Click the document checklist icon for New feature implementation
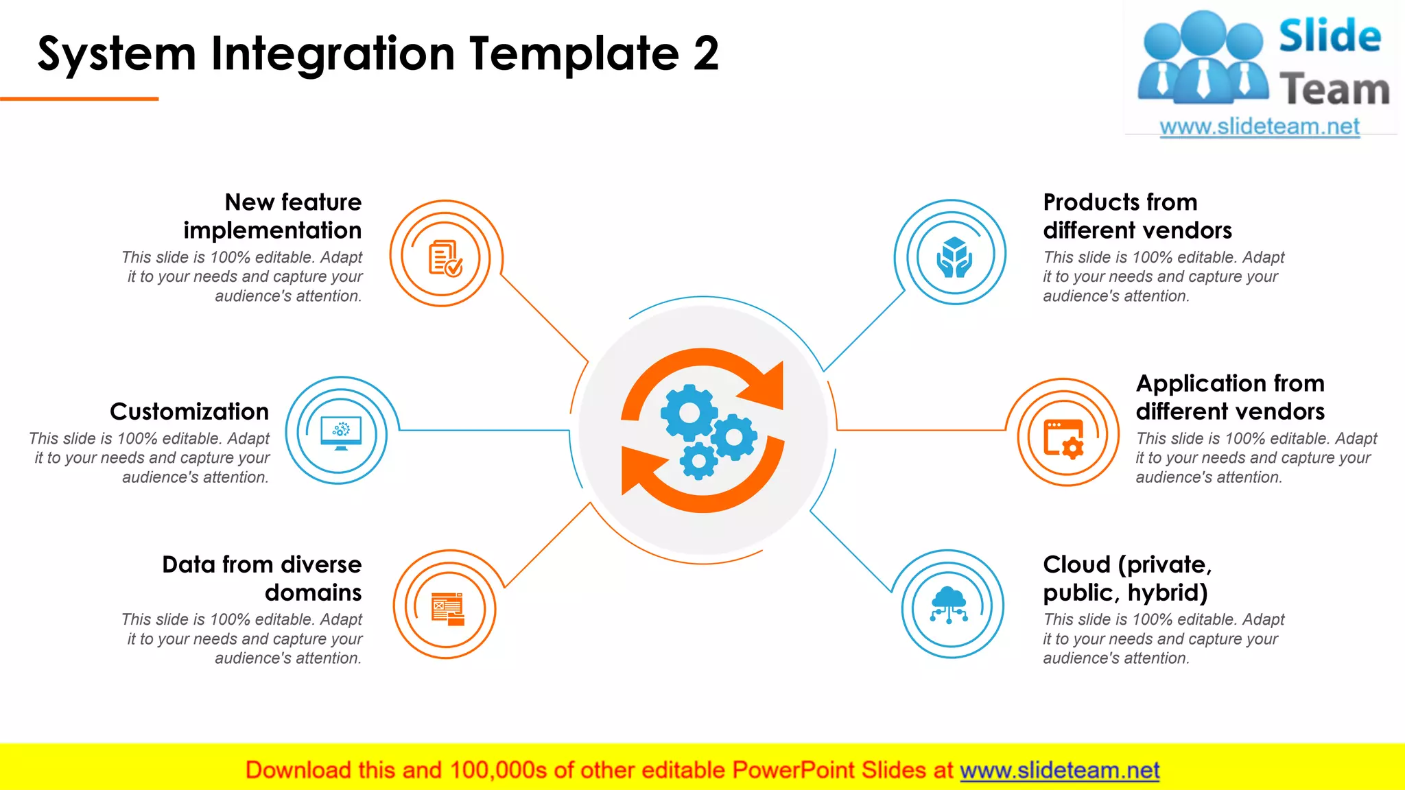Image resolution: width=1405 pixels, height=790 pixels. [x=445, y=258]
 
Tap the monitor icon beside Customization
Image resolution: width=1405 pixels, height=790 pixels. [x=340, y=433]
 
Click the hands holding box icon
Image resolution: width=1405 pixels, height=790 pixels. [x=954, y=257]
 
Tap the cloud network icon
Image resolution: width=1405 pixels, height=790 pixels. [x=949, y=604]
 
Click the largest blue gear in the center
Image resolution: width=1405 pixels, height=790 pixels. [x=689, y=412]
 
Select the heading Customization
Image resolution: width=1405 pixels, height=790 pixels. [x=189, y=411]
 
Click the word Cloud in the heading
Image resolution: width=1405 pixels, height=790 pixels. [x=1076, y=564]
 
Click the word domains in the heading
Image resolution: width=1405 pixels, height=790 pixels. [x=314, y=592]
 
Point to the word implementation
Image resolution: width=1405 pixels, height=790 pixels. [x=272, y=230]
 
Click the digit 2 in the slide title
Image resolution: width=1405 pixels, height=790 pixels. [x=705, y=54]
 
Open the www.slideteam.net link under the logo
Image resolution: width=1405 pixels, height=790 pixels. [x=1260, y=127]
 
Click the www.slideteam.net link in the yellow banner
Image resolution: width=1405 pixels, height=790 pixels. [x=1059, y=770]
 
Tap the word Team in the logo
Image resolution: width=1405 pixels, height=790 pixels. [x=1334, y=90]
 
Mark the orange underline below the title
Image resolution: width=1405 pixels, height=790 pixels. [x=79, y=99]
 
